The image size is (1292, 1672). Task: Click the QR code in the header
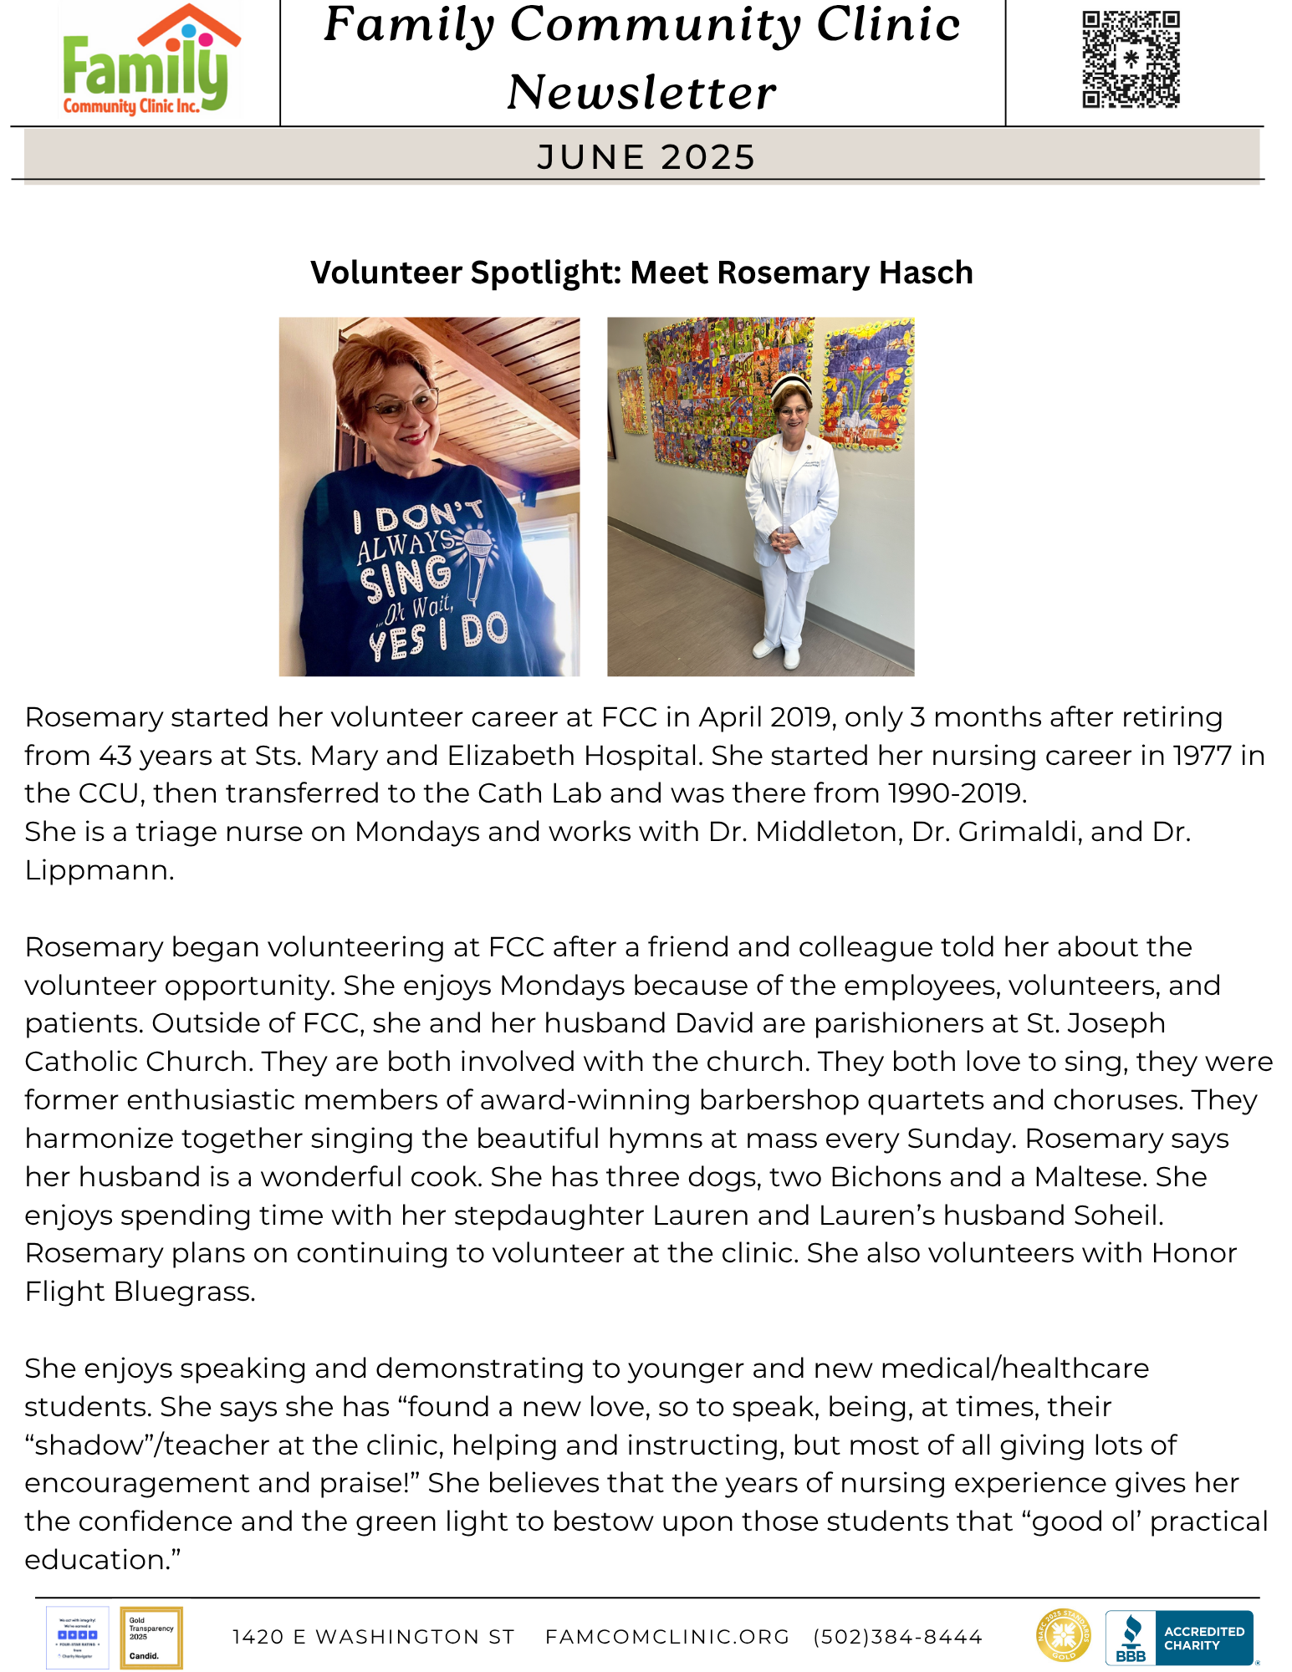point(1131,59)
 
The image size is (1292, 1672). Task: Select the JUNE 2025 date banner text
point(646,157)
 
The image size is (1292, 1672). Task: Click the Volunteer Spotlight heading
point(641,273)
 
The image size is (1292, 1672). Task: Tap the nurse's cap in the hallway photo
point(790,385)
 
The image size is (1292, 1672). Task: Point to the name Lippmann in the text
point(99,870)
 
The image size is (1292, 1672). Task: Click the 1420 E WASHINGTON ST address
point(373,1637)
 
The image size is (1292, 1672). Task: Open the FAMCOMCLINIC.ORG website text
point(666,1637)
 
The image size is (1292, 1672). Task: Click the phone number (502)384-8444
point(897,1637)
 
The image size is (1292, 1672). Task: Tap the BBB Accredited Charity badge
point(1179,1638)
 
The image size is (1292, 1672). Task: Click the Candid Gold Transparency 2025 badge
point(151,1638)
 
